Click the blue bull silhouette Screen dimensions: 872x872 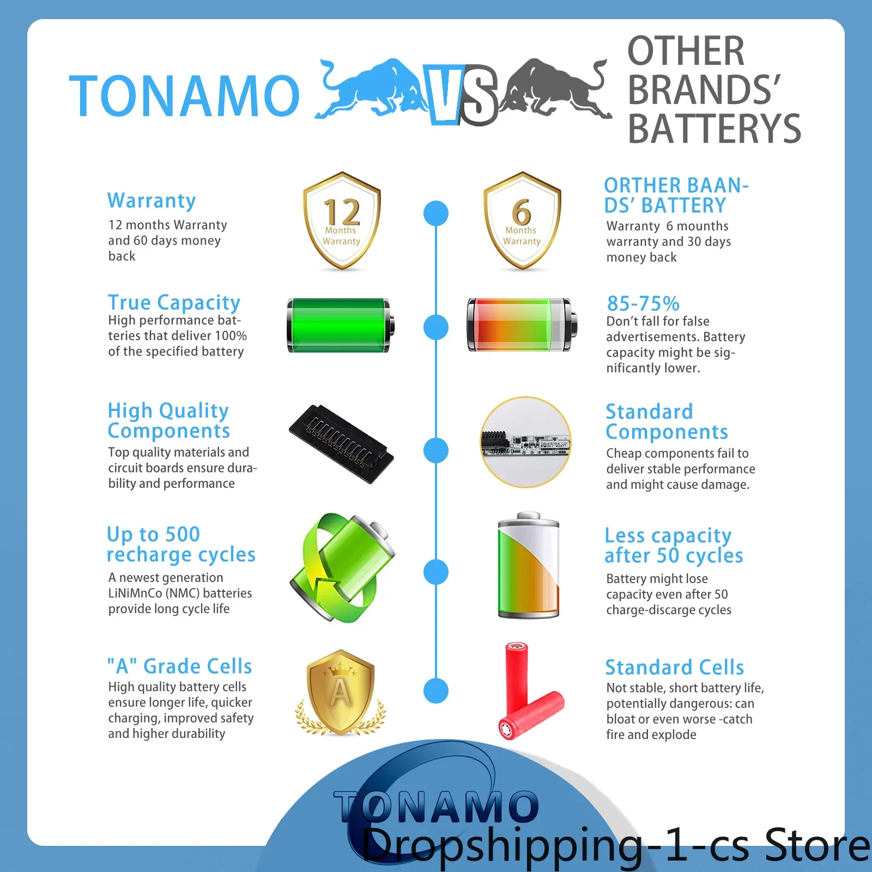pyautogui.click(x=371, y=90)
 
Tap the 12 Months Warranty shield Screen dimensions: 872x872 pyautogui.click(x=342, y=221)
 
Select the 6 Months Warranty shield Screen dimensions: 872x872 pyautogui.click(x=522, y=221)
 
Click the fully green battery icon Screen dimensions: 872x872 pyautogui.click(x=341, y=325)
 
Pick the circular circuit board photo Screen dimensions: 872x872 pyautogui.click(x=526, y=442)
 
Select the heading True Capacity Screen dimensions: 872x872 pyautogui.click(x=174, y=302)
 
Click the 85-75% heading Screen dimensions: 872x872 pyautogui.click(x=643, y=303)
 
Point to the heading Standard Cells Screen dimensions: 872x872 pyautogui.click(x=675, y=667)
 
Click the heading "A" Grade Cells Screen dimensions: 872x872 pyautogui.click(x=179, y=666)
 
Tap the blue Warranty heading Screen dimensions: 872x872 pyautogui.click(x=152, y=201)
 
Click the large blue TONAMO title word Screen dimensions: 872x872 pyautogui.click(x=184, y=96)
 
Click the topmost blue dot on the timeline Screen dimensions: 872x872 pyautogui.click(x=436, y=213)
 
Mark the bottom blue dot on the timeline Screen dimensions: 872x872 pyautogui.click(x=436, y=691)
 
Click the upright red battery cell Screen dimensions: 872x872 pyautogui.click(x=517, y=681)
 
